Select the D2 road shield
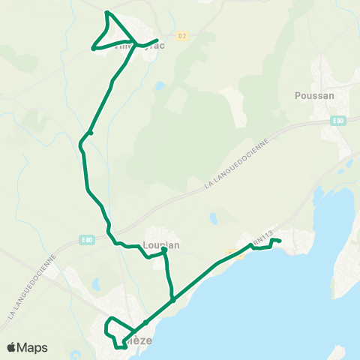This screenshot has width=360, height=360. tap(181, 35)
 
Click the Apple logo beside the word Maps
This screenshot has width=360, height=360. tap(12, 347)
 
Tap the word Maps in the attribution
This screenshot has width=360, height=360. tap(32, 347)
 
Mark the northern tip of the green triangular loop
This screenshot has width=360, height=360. tap(107, 13)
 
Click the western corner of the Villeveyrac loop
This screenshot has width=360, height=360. tap(93, 49)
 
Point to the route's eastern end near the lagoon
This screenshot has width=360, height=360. tap(279, 241)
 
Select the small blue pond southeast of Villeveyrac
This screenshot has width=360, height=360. tap(159, 85)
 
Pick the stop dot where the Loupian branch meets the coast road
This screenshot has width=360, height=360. tap(172, 300)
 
